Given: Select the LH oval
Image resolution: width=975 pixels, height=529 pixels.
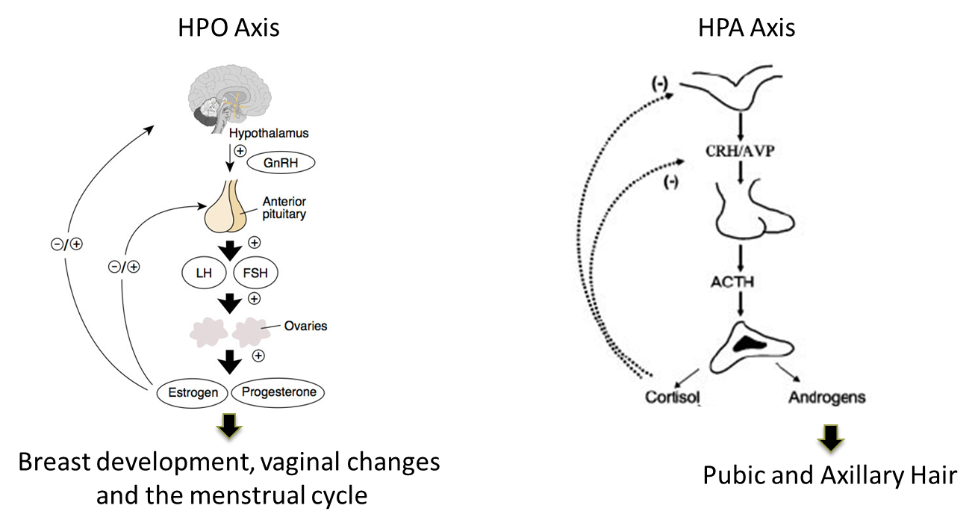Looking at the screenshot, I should click(204, 273).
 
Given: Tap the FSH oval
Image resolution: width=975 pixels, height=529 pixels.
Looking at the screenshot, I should click(255, 273).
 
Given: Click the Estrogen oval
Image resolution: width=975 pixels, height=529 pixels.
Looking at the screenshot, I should click(193, 392).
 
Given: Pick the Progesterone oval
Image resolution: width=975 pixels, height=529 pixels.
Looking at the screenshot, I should click(278, 392).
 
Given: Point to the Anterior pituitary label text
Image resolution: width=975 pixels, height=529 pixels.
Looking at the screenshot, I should click(284, 208).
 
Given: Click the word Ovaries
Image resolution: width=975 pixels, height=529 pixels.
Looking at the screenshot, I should click(305, 327).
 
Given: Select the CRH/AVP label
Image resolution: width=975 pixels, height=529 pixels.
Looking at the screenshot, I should click(739, 152).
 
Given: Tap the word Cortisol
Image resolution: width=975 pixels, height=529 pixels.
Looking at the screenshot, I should click(673, 397).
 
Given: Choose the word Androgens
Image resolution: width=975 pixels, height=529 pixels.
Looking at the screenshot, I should click(826, 397).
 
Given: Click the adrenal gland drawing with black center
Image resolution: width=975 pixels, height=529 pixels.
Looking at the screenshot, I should click(747, 345).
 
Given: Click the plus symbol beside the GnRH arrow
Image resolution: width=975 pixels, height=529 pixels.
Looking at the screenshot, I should click(240, 151).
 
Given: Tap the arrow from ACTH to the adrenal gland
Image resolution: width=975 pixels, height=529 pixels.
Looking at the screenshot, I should click(740, 303).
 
